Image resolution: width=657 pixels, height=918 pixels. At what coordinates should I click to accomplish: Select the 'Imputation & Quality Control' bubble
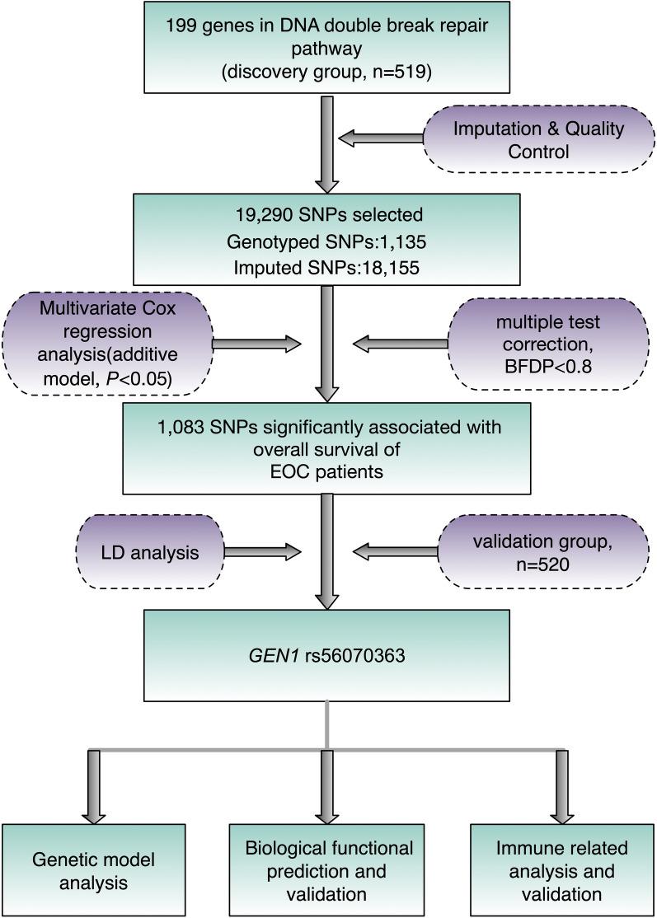click(x=539, y=140)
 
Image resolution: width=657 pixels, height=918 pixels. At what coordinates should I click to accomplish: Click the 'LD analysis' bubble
click(x=149, y=552)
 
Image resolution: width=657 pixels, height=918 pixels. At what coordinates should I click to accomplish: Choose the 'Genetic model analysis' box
click(x=92, y=870)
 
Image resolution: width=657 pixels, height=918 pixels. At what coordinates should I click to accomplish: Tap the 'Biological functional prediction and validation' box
click(x=327, y=870)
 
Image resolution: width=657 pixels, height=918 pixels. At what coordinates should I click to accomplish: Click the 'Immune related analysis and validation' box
click(x=562, y=870)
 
